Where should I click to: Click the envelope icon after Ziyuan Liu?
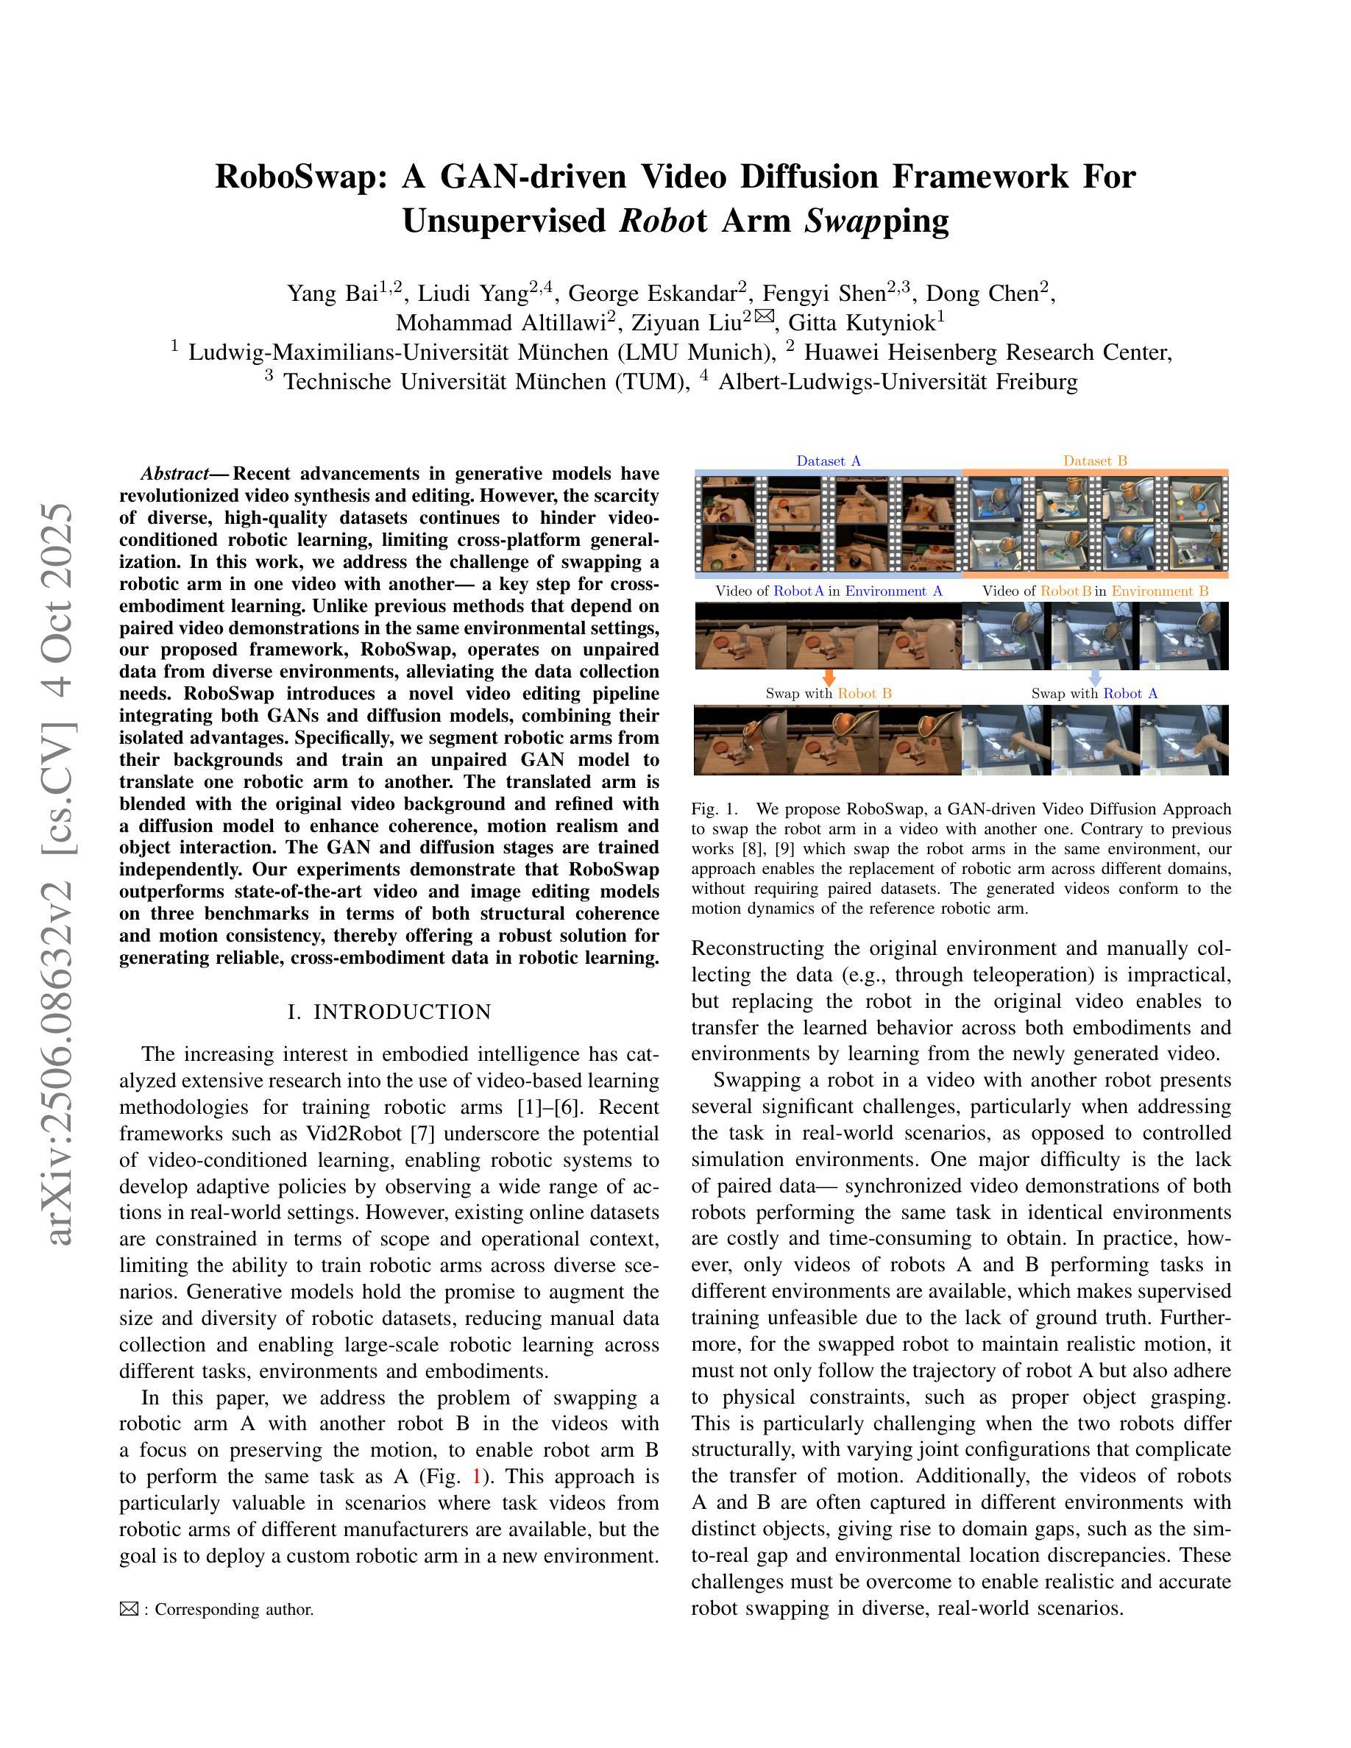(764, 317)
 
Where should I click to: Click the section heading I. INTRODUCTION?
(389, 1012)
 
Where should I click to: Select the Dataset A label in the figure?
(829, 461)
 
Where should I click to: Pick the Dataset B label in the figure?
(1095, 461)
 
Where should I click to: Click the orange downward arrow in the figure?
(829, 678)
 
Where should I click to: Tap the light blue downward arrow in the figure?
(1096, 678)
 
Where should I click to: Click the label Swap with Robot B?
(829, 694)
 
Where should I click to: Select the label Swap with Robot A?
(1094, 694)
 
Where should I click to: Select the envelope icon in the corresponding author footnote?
(129, 1610)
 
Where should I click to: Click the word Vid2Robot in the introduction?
(346, 1135)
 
